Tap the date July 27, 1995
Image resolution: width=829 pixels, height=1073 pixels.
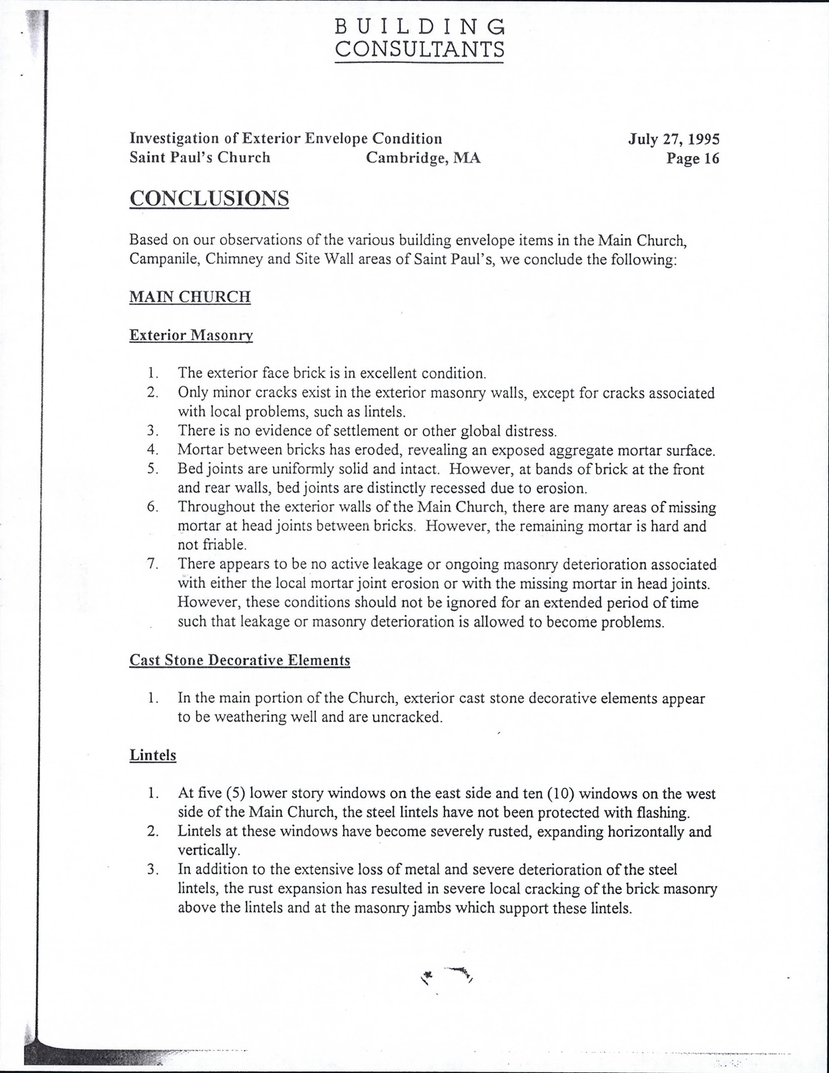(x=674, y=139)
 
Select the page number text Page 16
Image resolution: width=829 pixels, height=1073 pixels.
(x=693, y=159)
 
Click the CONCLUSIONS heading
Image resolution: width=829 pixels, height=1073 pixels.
(x=209, y=198)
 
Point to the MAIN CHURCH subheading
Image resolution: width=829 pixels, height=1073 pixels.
(x=190, y=297)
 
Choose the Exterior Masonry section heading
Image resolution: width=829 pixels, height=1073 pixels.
(x=191, y=335)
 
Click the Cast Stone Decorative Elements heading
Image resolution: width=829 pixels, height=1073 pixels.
(x=240, y=660)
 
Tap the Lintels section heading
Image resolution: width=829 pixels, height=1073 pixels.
(x=153, y=755)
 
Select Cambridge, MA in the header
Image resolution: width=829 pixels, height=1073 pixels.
(x=423, y=158)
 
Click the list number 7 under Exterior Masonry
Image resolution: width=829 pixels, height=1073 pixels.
(x=152, y=564)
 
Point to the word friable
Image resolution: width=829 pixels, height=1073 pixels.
(x=202, y=545)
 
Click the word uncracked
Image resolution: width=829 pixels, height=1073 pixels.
(x=407, y=717)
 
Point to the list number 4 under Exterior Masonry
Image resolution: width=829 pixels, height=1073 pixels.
(x=152, y=450)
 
